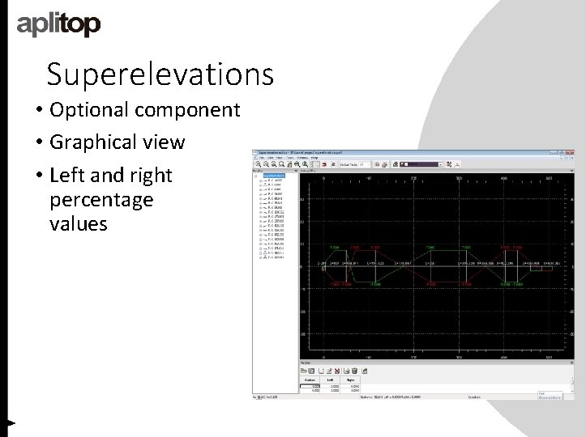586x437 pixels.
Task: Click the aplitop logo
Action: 59,25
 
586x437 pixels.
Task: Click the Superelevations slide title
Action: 160,74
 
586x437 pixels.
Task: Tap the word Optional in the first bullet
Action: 90,109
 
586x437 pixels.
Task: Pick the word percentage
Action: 101,199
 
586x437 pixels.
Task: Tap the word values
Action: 78,223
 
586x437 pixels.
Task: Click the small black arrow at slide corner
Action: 11,422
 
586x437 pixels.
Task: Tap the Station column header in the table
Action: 309,379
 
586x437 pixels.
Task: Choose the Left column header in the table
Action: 330,379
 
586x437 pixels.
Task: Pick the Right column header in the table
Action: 350,379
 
